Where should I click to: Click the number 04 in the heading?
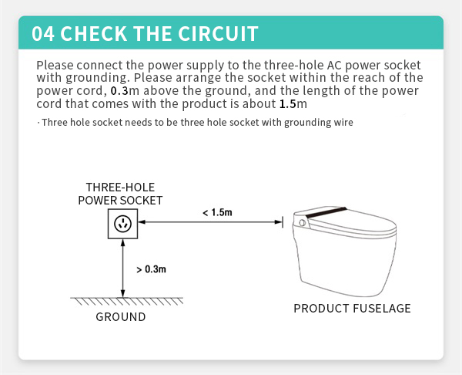pos(43,33)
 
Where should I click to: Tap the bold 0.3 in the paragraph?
pos(119,90)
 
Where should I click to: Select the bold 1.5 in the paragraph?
pos(287,104)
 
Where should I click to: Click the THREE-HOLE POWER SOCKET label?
pos(120,194)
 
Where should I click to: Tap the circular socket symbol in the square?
pos(122,224)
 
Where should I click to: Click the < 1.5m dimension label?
pos(217,212)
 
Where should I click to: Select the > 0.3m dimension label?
pos(152,269)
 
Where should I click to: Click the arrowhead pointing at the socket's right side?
pos(142,221)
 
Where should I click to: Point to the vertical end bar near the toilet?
pos(283,221)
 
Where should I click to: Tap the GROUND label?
pos(121,317)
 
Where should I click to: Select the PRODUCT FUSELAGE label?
pos(352,309)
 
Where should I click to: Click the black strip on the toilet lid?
pos(326,212)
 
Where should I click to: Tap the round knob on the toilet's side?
pos(302,223)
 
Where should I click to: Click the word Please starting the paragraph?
pos(55,65)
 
